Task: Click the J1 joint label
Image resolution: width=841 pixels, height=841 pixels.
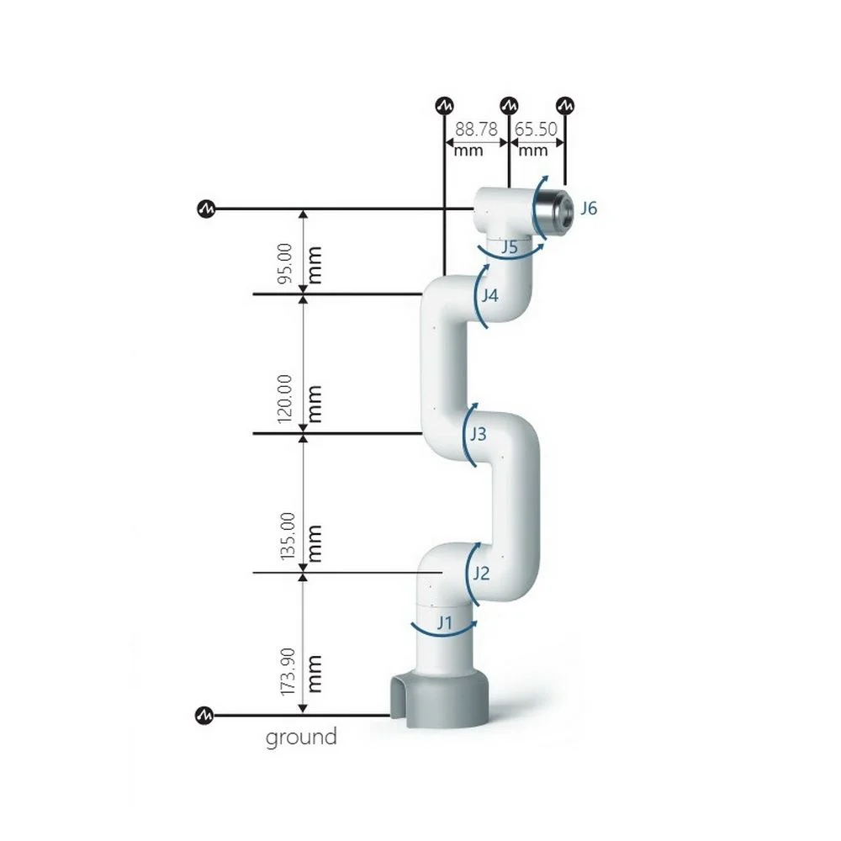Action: [445, 622]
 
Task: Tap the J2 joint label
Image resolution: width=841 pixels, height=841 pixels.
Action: [481, 574]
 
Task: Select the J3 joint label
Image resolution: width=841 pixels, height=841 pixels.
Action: [478, 433]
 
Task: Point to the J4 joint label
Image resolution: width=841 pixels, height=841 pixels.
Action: [489, 295]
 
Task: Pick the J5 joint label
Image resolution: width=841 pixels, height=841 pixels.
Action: [510, 247]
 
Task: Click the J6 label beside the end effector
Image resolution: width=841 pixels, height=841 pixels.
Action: [589, 208]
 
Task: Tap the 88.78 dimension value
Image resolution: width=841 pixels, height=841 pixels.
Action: [476, 130]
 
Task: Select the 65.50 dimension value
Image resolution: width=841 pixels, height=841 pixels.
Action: [536, 130]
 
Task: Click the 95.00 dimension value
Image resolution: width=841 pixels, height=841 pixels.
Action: [285, 262]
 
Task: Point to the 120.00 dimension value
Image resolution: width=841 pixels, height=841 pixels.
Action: [285, 399]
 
